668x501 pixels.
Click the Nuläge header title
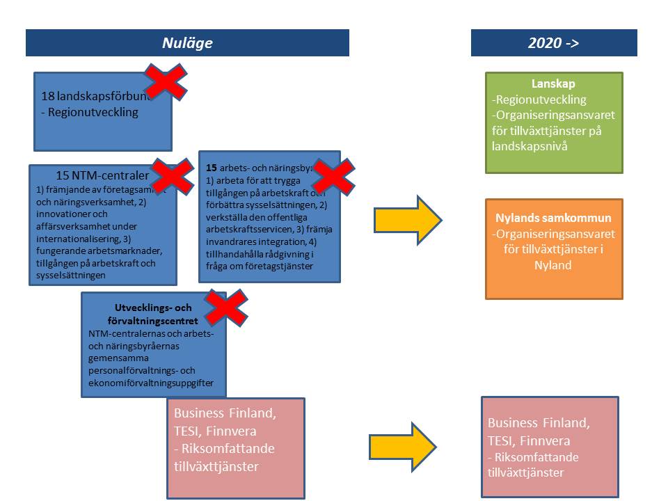pos(187,43)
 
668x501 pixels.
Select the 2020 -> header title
pos(554,43)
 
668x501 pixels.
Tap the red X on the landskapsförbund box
pos(165,82)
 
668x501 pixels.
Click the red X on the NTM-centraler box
pos(172,176)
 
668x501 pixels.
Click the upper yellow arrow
pos(408,220)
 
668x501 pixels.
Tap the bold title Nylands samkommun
pos(554,218)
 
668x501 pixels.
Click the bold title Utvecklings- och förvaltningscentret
pos(153,315)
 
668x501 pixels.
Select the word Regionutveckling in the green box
pos(539,100)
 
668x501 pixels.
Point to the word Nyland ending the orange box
pos(554,265)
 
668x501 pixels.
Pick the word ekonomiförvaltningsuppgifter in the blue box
pos(156,383)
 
